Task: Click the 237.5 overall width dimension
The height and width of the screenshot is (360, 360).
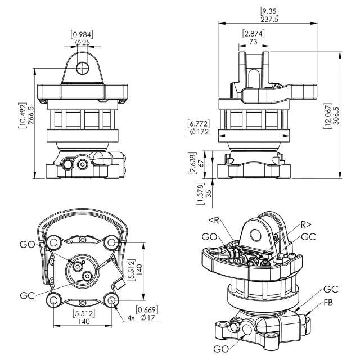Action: [269, 19]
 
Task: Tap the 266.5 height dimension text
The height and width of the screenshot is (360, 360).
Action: [30, 115]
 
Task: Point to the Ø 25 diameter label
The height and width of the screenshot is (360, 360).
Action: [83, 43]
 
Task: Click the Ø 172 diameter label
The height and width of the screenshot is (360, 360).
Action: [199, 132]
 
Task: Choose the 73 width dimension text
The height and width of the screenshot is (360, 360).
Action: [253, 42]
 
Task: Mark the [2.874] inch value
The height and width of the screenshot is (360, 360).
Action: [253, 34]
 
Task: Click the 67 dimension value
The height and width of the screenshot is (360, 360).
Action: [201, 163]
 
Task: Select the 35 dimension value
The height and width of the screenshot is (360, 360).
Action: [209, 193]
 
